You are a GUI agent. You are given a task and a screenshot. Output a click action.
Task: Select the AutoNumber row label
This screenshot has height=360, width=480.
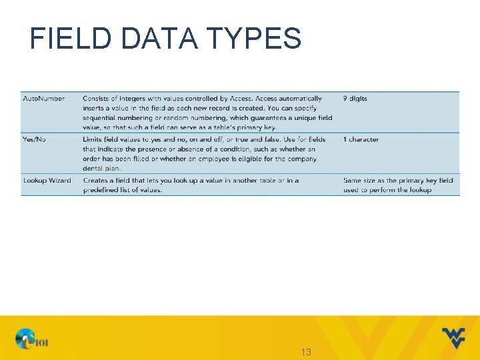coord(44,99)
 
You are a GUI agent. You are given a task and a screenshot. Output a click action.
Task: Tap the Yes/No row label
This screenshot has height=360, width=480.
coord(35,139)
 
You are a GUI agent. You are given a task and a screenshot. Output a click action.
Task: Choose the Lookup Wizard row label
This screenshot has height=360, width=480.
coord(47,181)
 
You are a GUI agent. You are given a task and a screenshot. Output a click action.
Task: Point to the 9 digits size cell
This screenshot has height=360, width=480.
coord(355,99)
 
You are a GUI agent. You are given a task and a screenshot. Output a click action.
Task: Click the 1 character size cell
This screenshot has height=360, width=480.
coord(361,139)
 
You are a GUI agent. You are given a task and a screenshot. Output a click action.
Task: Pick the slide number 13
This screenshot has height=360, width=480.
coord(306,351)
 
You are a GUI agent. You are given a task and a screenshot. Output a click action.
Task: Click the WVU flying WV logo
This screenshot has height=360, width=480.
coord(453,337)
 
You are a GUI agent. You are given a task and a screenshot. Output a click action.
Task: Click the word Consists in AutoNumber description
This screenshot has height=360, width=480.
coord(97,99)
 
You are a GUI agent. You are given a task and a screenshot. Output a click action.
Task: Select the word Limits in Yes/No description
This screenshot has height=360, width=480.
coord(94,139)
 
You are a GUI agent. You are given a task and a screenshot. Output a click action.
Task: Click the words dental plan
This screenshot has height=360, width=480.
coord(102,169)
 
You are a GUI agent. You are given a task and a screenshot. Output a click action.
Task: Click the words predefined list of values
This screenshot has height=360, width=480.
coord(123,191)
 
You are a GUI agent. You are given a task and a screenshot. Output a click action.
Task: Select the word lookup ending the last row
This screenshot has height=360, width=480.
coord(420,191)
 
